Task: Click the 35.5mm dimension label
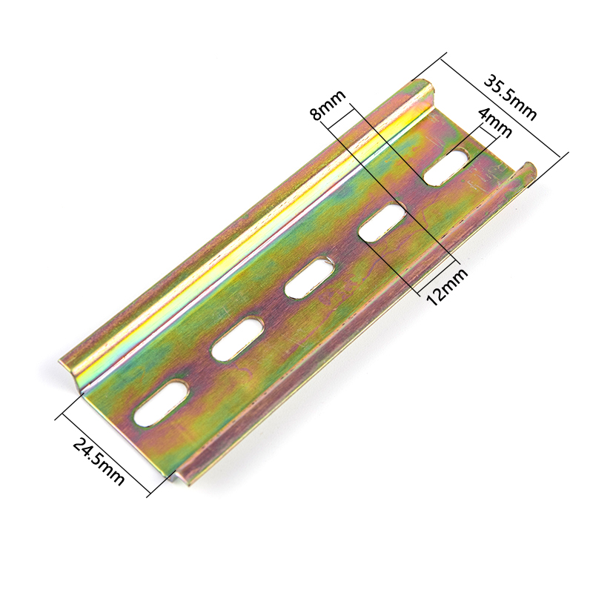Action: click(x=511, y=98)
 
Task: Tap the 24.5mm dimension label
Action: click(x=98, y=461)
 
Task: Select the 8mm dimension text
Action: click(x=328, y=105)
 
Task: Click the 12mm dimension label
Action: click(x=447, y=287)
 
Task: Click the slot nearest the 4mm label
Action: click(x=446, y=168)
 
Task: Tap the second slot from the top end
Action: click(x=382, y=222)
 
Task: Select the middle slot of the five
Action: click(x=310, y=277)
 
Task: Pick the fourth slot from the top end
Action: click(x=238, y=338)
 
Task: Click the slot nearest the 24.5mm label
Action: click(x=162, y=404)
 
